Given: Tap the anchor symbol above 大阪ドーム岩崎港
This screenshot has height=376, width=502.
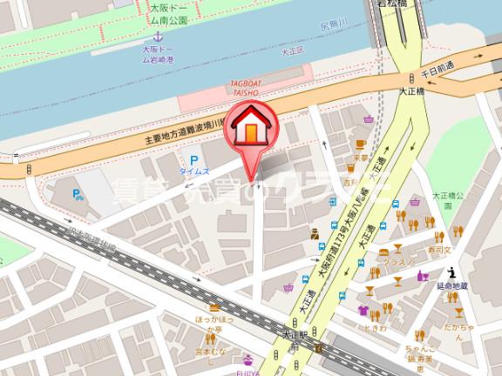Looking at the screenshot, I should point(158,37).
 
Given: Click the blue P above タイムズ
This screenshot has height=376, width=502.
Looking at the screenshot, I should point(193,158).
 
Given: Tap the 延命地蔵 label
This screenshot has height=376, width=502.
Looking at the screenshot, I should point(454,285).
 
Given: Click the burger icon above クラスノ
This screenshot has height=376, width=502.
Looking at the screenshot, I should point(383,251).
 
